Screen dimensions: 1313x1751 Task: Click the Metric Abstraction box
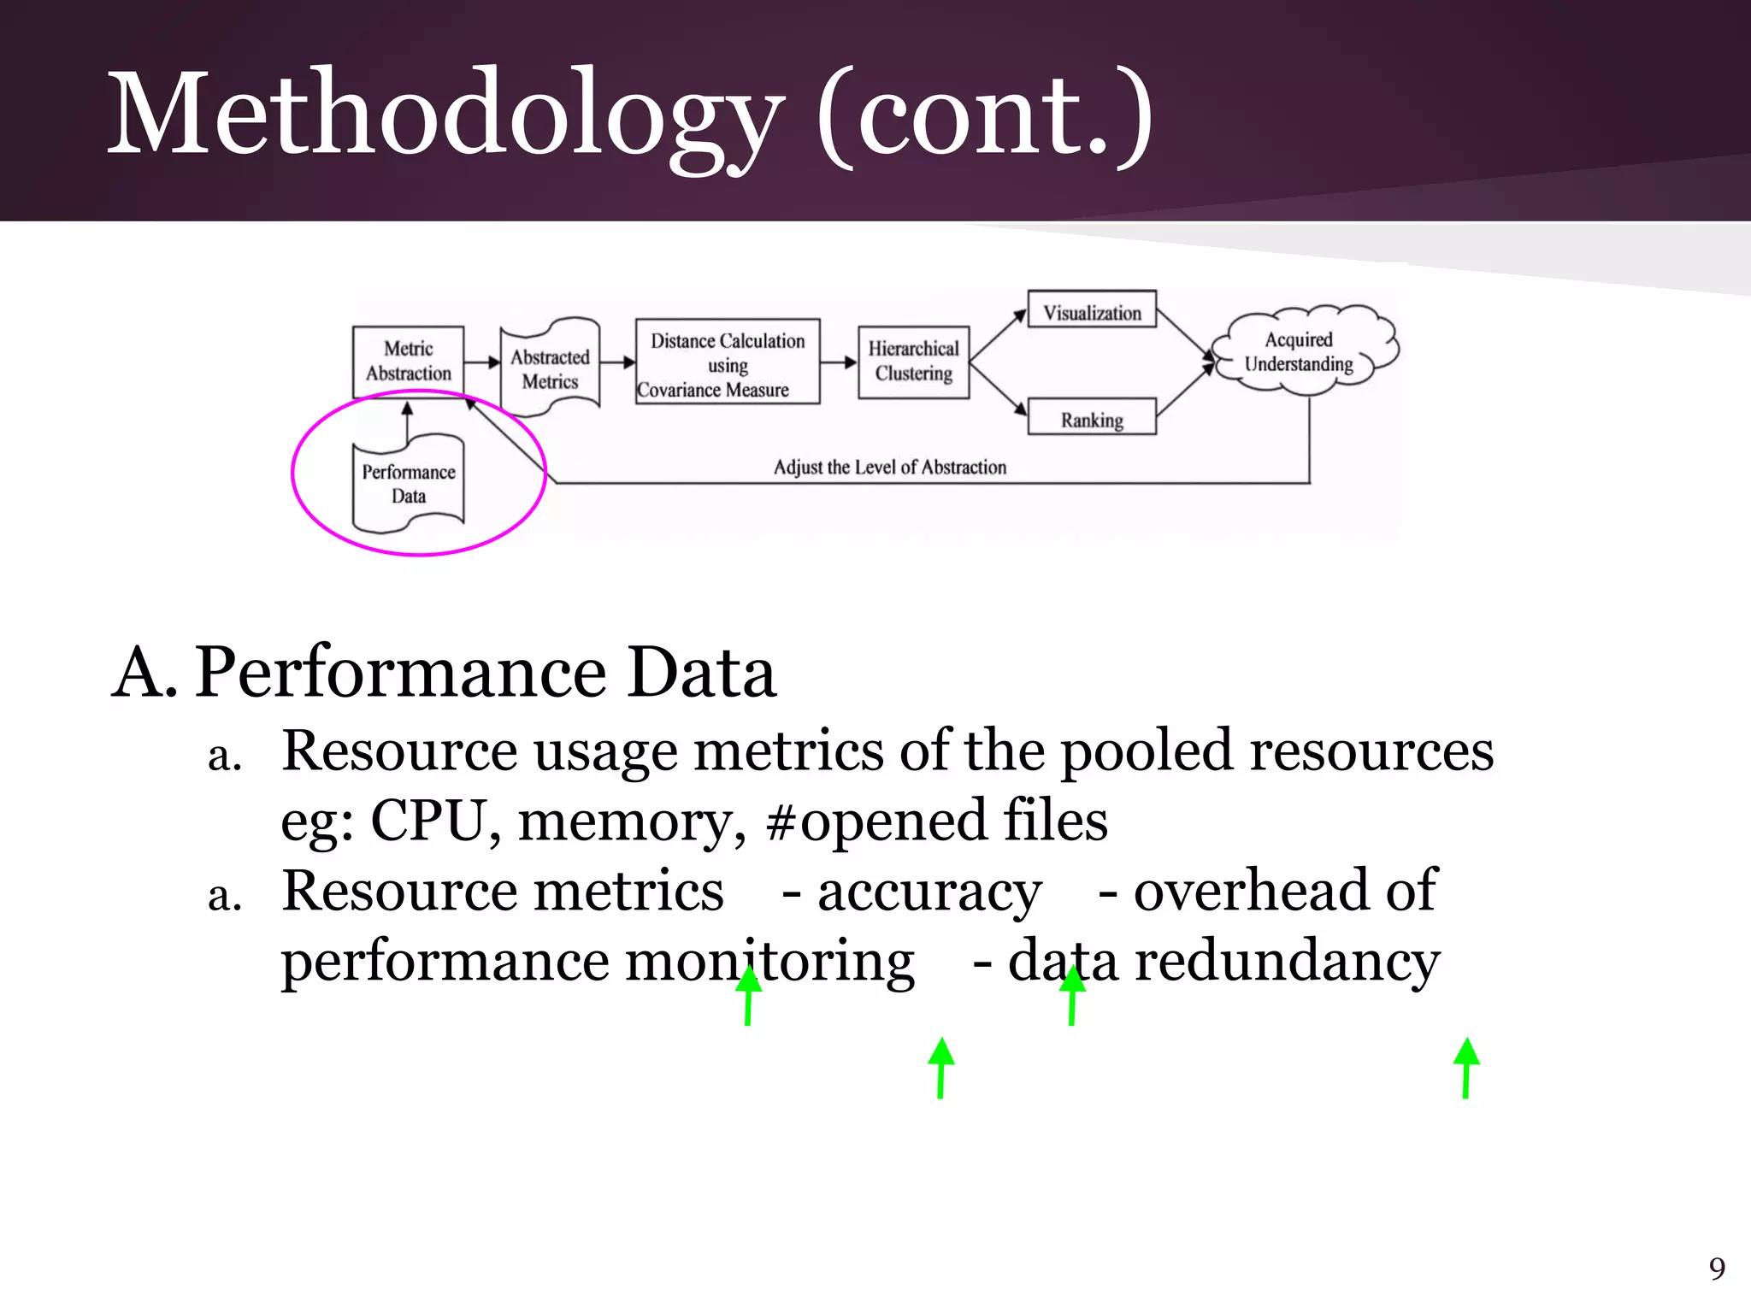click(x=408, y=362)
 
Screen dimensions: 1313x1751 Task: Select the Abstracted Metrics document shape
click(x=550, y=368)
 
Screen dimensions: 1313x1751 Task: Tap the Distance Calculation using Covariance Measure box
click(x=728, y=362)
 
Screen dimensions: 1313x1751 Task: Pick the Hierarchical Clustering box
click(x=913, y=362)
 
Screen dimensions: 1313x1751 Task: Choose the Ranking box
click(x=1092, y=419)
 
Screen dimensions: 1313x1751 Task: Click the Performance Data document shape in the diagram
click(x=409, y=485)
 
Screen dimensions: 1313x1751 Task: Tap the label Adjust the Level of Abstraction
click(x=889, y=467)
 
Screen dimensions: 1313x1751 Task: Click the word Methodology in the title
click(x=445, y=114)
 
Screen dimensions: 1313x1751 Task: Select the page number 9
click(x=1717, y=1269)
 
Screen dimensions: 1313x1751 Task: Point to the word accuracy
click(x=929, y=892)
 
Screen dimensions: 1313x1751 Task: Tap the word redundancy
click(x=1287, y=962)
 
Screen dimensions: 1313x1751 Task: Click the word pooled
click(x=1147, y=751)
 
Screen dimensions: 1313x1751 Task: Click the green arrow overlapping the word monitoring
click(x=748, y=995)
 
